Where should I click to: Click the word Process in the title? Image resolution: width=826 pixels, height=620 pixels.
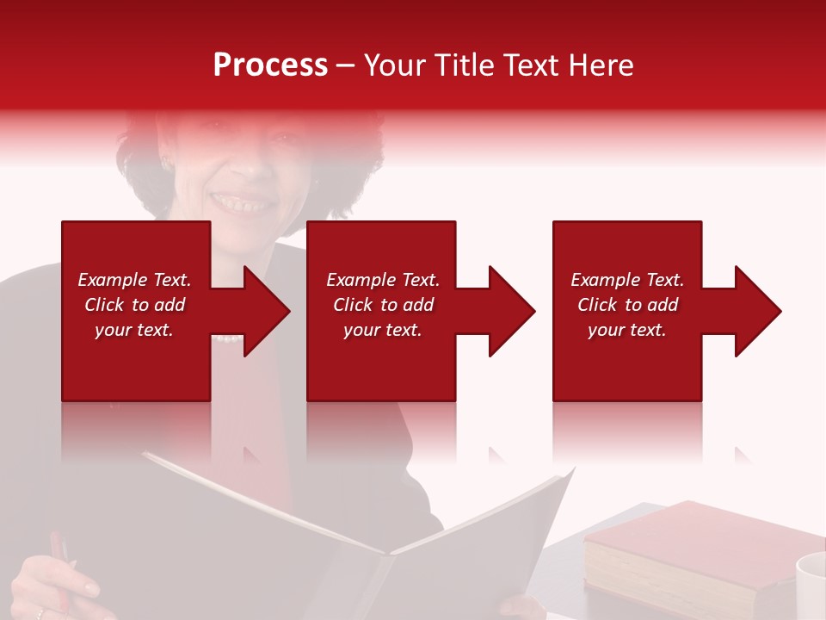point(270,65)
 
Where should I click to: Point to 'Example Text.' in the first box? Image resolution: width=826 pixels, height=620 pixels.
point(134,280)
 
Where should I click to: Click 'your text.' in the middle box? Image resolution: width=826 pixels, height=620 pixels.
point(382,330)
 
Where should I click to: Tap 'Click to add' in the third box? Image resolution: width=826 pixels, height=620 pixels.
point(627,305)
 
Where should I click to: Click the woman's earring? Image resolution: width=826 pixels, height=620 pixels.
point(163,163)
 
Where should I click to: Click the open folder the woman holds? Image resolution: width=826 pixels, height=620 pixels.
point(361,534)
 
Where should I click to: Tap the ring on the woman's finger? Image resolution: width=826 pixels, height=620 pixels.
point(39,613)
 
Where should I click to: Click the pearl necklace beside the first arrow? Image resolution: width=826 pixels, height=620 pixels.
point(227,338)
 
